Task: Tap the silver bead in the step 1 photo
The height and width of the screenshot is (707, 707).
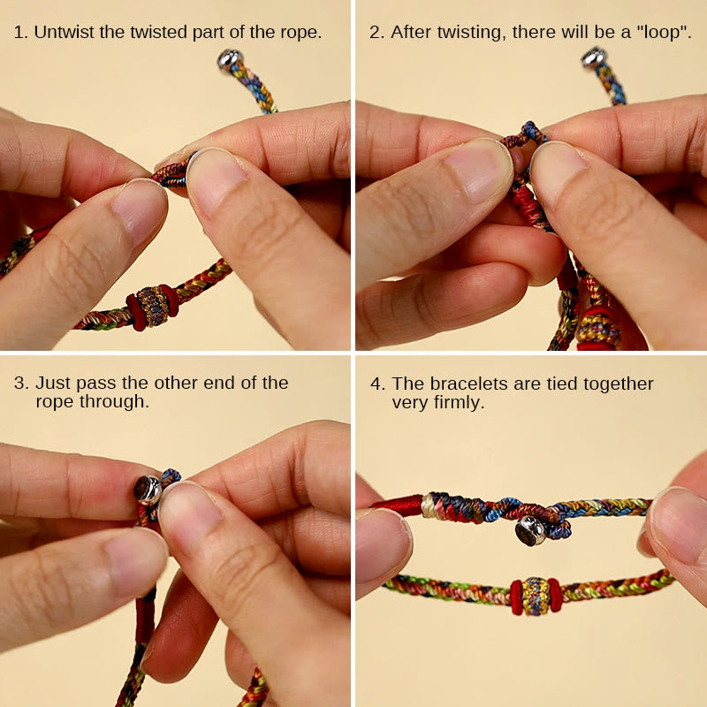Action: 230,60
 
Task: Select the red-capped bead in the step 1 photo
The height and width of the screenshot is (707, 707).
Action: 152,306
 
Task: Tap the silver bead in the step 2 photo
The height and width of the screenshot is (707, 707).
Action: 593,58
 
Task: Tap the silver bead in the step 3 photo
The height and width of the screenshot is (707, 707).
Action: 148,489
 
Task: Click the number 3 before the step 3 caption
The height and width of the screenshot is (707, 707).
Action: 19,383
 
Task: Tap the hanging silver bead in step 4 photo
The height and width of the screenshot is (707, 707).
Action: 531,530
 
